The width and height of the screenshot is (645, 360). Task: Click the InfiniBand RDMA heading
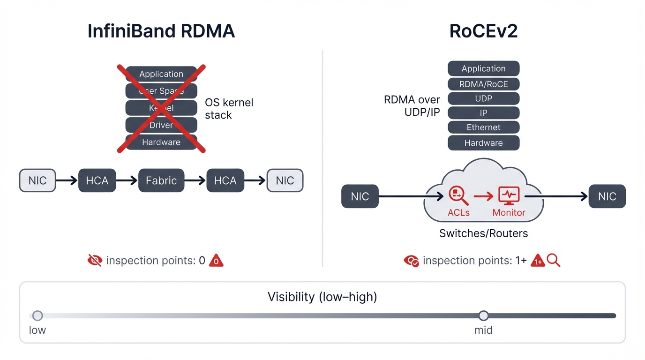[x=161, y=31]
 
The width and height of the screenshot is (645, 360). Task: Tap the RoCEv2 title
[x=483, y=31]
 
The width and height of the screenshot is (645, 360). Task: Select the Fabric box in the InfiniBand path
[x=161, y=180]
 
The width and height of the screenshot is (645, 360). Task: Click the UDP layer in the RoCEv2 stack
[x=483, y=98]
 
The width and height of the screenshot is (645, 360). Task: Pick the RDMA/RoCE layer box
[x=483, y=84]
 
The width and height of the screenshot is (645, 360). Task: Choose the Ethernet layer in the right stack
[x=483, y=127]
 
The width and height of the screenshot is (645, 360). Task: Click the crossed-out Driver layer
[x=161, y=125]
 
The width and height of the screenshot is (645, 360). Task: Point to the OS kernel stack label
[x=229, y=109]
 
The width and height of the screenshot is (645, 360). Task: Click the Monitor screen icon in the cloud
[x=509, y=195]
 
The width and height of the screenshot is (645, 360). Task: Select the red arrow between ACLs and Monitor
[x=483, y=196]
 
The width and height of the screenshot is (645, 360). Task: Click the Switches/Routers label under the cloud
[x=483, y=233]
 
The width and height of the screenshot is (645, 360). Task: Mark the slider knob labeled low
[x=37, y=315]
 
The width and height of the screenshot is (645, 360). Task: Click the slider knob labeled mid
[x=483, y=315]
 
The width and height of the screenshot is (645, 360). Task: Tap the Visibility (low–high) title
[x=322, y=297]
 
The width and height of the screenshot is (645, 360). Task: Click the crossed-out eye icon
[x=95, y=260]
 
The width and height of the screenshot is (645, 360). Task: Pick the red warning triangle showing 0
[x=216, y=261]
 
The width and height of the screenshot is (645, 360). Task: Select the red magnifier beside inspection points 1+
[x=554, y=261]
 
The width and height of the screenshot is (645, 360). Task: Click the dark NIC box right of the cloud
[x=607, y=196]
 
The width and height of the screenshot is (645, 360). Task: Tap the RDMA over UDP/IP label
[x=412, y=106]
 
